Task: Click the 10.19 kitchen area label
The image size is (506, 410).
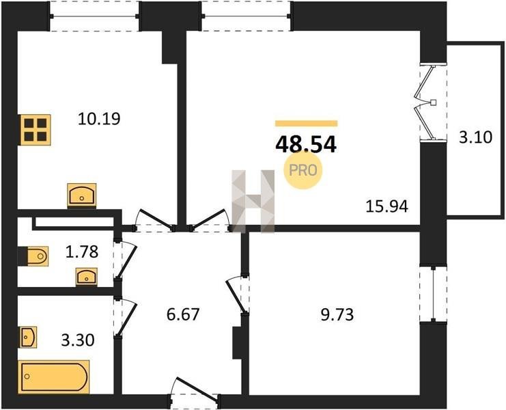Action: (x=99, y=119)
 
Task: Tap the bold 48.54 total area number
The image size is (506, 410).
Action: (x=306, y=144)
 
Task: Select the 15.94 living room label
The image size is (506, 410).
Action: (x=386, y=206)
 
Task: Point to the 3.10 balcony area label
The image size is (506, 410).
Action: (x=475, y=137)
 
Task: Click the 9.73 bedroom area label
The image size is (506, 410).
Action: (x=337, y=314)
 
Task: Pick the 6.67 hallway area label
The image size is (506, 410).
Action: (x=183, y=314)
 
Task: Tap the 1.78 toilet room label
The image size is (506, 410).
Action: (x=82, y=252)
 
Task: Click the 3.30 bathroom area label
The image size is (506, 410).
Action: (x=78, y=340)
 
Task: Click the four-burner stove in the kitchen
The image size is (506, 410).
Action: (x=36, y=130)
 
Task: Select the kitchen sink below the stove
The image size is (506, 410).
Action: (x=82, y=195)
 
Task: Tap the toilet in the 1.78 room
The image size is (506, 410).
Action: (x=36, y=256)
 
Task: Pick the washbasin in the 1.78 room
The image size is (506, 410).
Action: (x=87, y=277)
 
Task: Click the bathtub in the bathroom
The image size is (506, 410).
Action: (x=53, y=377)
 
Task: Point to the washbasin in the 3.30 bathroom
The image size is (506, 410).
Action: (x=28, y=338)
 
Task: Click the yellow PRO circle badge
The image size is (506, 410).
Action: (x=303, y=170)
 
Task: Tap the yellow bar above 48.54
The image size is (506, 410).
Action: (x=306, y=123)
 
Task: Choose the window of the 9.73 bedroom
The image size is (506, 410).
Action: (x=433, y=294)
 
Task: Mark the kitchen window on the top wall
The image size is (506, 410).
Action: (x=94, y=16)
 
